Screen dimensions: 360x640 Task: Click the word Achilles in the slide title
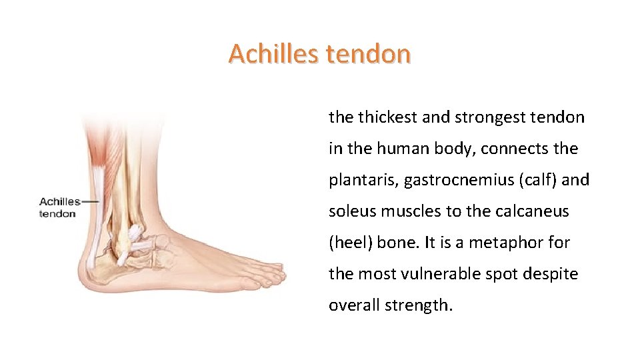273,53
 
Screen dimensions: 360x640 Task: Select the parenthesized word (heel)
351,243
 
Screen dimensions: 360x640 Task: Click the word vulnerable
459,274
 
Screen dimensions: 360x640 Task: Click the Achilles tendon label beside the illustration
59,207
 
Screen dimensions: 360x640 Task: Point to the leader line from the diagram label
90,201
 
